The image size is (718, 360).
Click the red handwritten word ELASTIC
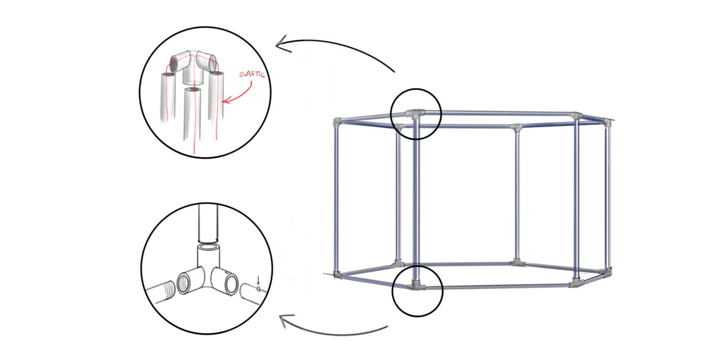(252, 74)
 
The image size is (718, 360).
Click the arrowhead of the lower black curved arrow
(285, 321)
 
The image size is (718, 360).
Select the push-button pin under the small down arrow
(259, 289)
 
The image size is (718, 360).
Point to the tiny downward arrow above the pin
(258, 280)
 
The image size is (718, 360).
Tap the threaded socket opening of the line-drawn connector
(183, 284)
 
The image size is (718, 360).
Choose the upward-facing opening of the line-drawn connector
(208, 248)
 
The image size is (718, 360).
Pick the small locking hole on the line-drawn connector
(227, 272)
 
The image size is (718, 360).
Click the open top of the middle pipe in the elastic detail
(193, 90)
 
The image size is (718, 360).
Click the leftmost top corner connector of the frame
(337, 122)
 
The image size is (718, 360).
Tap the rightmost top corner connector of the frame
(607, 122)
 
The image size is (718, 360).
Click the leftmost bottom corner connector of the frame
(337, 274)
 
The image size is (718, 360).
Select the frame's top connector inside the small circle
(415, 114)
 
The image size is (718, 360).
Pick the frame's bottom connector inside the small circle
(416, 285)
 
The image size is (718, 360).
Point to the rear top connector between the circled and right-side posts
(516, 127)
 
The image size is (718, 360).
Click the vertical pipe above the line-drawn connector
(208, 223)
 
